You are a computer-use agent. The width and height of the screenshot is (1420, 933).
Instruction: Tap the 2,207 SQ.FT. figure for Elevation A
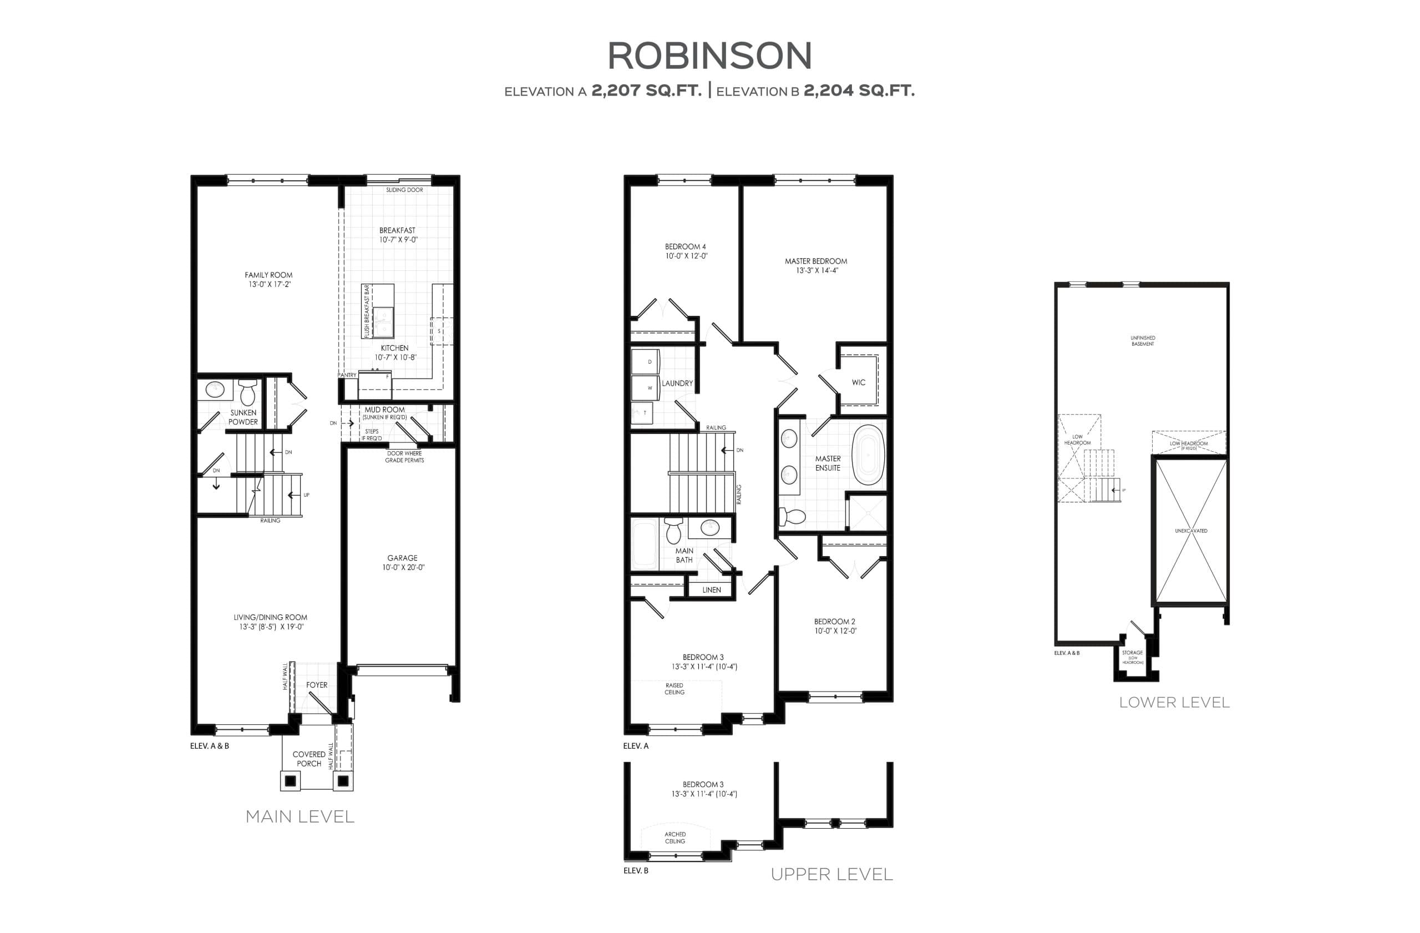[646, 90]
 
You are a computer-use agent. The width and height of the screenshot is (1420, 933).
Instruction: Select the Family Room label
[268, 275]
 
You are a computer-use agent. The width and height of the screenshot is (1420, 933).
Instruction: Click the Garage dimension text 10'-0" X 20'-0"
[403, 568]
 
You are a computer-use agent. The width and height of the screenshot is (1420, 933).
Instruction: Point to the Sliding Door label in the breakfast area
[404, 190]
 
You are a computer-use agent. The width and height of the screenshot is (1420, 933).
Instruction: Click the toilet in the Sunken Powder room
[247, 394]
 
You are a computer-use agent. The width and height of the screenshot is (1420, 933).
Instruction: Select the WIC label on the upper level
[858, 382]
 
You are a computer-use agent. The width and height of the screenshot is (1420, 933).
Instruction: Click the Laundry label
[677, 383]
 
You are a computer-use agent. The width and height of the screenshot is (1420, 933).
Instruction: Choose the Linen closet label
[711, 590]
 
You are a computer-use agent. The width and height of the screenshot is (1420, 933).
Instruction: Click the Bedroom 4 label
[686, 246]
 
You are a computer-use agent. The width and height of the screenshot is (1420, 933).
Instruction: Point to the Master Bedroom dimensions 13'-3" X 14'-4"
[815, 270]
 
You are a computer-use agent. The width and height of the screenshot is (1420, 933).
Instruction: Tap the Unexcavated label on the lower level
[1191, 531]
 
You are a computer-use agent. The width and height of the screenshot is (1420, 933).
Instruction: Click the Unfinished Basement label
[1143, 341]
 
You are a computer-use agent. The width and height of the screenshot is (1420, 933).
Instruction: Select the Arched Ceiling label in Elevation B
[675, 838]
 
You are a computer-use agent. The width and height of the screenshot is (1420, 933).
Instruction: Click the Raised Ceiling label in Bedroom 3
[674, 689]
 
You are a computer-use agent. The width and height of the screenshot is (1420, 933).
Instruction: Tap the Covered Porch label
[308, 759]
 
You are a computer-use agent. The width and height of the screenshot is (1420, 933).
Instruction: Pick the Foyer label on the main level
[317, 685]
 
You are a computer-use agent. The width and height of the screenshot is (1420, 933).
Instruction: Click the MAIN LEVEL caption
[300, 816]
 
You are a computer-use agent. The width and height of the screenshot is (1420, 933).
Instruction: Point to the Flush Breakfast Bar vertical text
[367, 311]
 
